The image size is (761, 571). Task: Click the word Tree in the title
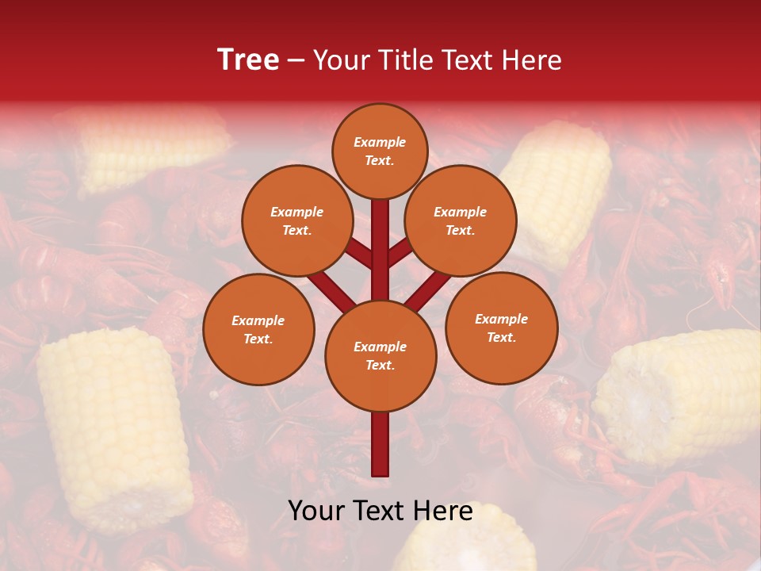tap(248, 59)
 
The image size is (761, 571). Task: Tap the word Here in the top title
tap(533, 60)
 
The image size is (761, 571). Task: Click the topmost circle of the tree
tap(380, 151)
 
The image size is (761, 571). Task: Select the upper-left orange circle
tap(296, 221)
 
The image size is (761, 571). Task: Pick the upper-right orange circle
tap(460, 221)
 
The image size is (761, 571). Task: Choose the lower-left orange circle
tap(258, 329)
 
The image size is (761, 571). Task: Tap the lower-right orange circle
tap(501, 328)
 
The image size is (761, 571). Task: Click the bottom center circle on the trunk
tap(380, 356)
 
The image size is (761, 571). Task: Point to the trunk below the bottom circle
tap(380, 444)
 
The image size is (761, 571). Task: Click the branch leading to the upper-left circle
tap(359, 253)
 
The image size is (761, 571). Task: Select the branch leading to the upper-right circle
tap(400, 253)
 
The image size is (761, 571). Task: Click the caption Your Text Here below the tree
tap(380, 512)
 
